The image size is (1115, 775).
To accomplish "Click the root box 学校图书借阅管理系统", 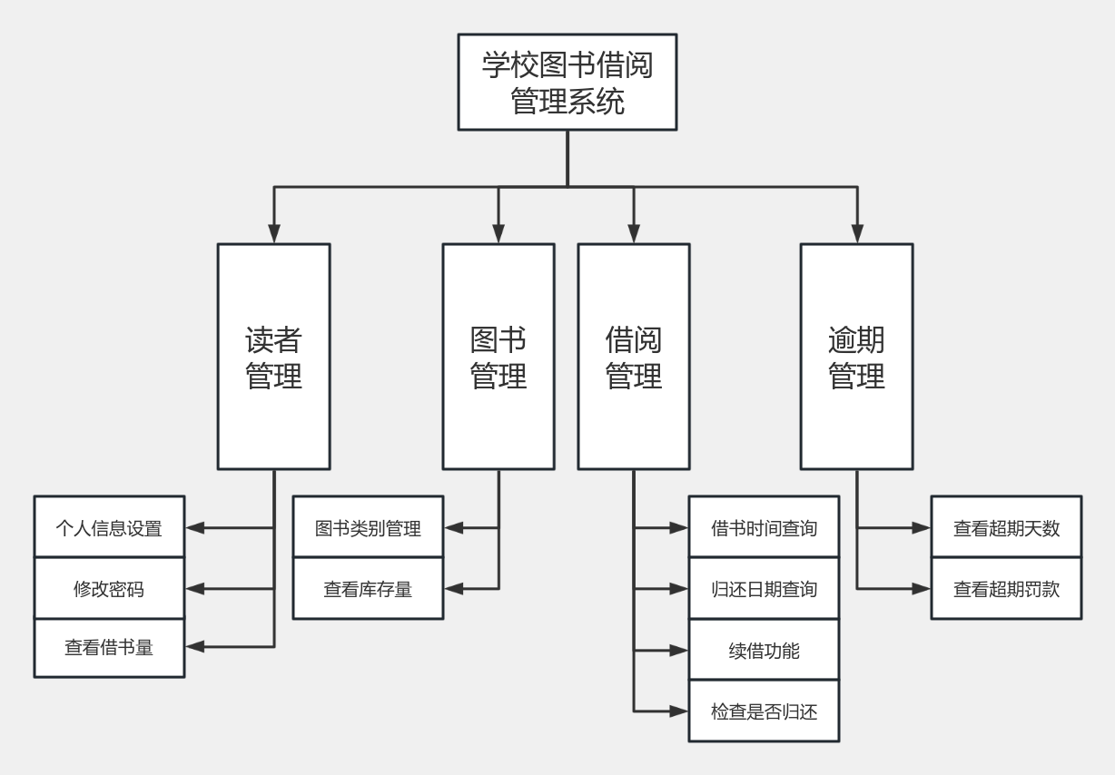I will (567, 83).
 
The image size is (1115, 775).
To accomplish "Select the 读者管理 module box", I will (273, 357).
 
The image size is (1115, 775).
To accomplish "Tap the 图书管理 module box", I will (498, 357).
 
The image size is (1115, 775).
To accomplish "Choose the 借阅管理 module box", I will (634, 357).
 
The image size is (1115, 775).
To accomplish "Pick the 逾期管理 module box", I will (856, 357).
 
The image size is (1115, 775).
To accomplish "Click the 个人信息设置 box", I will (109, 527).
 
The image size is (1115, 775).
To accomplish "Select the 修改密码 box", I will (109, 589).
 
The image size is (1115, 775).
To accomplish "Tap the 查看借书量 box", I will (109, 647).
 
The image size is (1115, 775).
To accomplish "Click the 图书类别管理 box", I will (368, 527).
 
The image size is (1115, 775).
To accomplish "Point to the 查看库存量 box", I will (368, 589).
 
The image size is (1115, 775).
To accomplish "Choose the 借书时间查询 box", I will (764, 527).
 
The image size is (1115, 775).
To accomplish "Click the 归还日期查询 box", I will (764, 589).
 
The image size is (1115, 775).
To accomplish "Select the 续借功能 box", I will (764, 650).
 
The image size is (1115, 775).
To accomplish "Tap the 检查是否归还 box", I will (764, 711).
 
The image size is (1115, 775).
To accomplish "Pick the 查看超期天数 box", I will (1006, 527).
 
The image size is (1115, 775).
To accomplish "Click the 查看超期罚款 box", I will (1006, 589).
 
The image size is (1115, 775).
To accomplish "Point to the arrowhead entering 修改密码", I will (194, 589).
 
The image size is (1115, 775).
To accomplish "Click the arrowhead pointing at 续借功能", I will (679, 650).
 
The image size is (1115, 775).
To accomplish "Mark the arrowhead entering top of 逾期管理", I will (856, 235).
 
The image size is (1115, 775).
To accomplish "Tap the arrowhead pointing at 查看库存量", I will (453, 589).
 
